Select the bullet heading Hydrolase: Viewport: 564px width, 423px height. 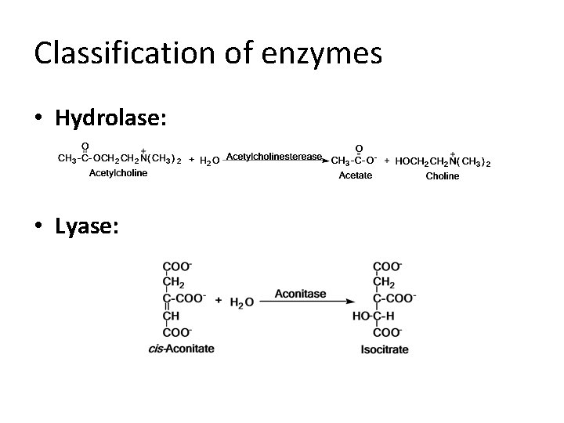(111, 118)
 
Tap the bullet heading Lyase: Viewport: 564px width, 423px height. (87, 226)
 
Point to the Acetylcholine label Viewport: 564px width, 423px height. (117, 173)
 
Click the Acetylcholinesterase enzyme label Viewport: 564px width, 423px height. (273, 157)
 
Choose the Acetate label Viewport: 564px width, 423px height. (355, 175)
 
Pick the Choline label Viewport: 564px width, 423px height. (443, 176)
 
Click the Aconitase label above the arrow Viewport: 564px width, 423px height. (300, 294)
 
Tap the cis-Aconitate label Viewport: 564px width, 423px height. (181, 349)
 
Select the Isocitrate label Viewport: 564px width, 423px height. (385, 349)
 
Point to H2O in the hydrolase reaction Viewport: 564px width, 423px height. (209, 161)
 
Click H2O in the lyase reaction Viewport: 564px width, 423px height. (241, 302)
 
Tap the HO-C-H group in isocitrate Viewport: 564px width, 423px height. (373, 316)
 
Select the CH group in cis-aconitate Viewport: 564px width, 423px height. (172, 316)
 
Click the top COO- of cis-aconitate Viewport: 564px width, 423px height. (176, 266)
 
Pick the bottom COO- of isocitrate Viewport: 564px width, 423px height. (389, 332)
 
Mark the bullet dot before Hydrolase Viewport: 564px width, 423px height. (39, 119)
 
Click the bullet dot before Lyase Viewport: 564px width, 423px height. (39, 227)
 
